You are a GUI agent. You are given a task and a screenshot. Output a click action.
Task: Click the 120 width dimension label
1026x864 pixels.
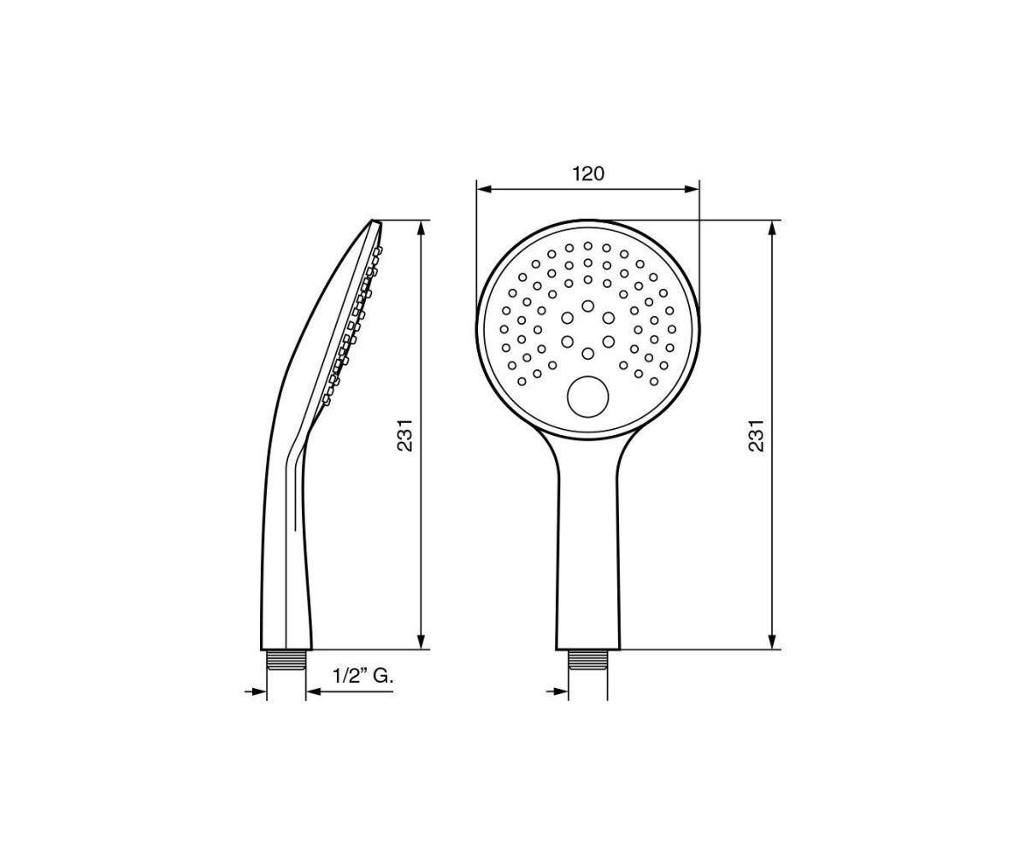pyautogui.click(x=588, y=173)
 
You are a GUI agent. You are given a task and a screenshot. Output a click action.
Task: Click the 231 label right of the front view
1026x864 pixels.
pyautogui.click(x=757, y=435)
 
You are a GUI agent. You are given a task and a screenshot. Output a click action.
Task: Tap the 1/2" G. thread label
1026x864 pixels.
pyautogui.click(x=363, y=677)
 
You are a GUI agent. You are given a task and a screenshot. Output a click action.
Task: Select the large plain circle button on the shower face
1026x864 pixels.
pyautogui.click(x=587, y=397)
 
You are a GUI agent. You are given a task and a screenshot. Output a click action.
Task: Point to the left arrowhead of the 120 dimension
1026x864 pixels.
pyautogui.click(x=485, y=189)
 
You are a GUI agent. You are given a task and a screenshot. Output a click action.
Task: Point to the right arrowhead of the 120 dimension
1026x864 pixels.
pyautogui.click(x=692, y=189)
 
